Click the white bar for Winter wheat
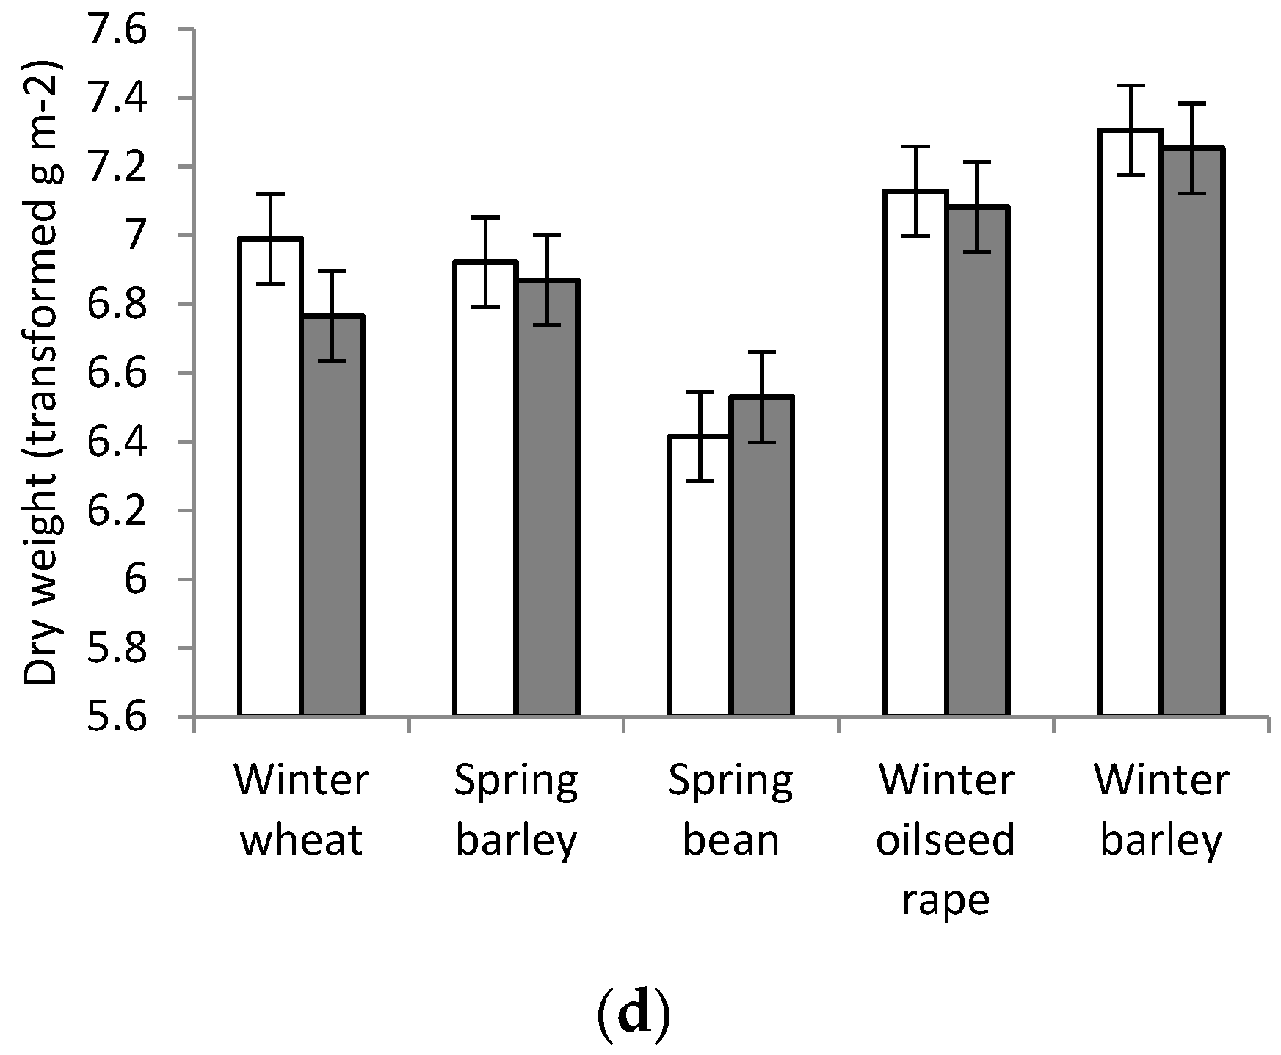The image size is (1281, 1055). [270, 477]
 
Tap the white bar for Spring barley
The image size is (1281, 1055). [485, 488]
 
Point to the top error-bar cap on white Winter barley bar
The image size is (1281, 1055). [1131, 86]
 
